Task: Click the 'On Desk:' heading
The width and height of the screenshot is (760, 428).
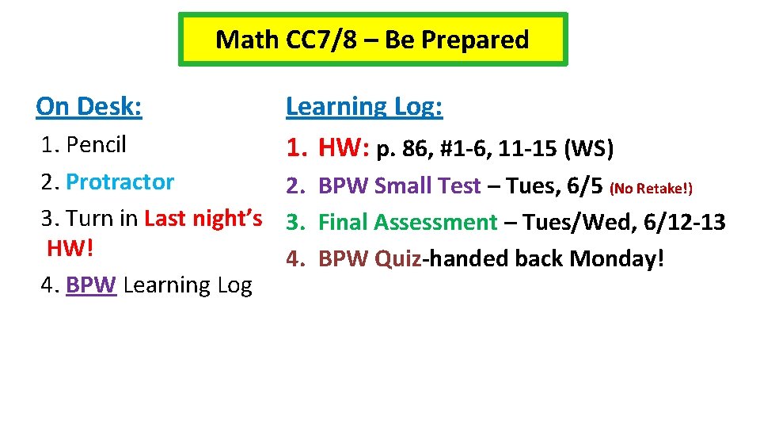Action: [89, 106]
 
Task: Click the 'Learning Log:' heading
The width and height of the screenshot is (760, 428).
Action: [364, 106]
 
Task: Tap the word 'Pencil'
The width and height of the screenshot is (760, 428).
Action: [97, 144]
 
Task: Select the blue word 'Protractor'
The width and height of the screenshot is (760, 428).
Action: [120, 182]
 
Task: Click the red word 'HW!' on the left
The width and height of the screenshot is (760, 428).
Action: [70, 248]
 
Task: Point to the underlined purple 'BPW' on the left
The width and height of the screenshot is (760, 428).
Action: [91, 285]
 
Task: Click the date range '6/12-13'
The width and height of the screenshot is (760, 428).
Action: [684, 223]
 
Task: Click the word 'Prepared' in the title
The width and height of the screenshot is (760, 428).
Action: [481, 39]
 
